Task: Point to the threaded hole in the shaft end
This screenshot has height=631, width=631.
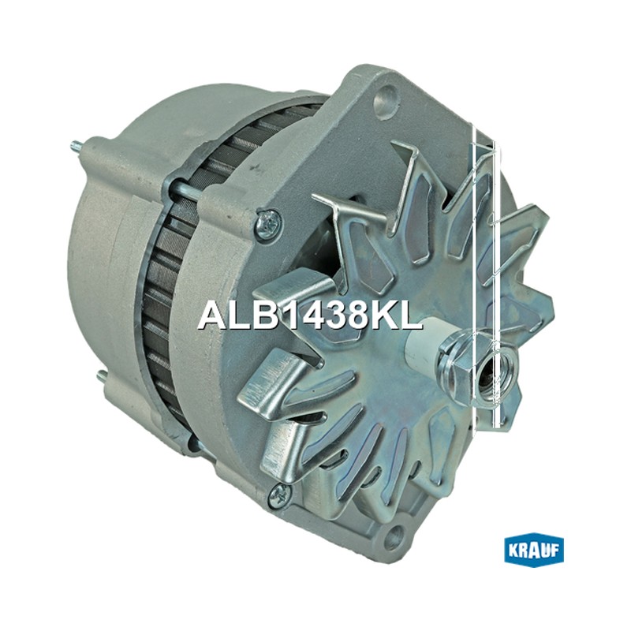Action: pyautogui.click(x=490, y=373)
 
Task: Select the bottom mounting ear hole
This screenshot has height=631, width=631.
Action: pyautogui.click(x=397, y=535)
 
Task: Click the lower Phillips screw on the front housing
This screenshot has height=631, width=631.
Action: pyautogui.click(x=281, y=493)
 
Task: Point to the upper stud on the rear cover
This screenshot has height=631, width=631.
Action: pyautogui.click(x=80, y=146)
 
